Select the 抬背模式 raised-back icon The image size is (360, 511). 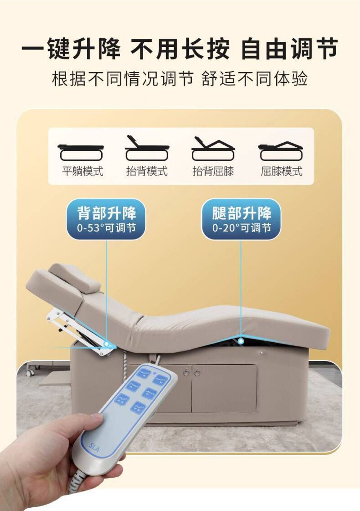pyautogui.click(x=147, y=148)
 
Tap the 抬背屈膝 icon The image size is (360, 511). pyautogui.click(x=213, y=149)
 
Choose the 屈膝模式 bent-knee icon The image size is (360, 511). pyautogui.click(x=280, y=151)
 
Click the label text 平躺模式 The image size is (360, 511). pyautogui.click(x=83, y=171)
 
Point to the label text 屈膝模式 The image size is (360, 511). pyautogui.click(x=282, y=171)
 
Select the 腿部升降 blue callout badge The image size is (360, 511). pyautogui.click(x=241, y=219)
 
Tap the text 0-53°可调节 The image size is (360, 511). pyautogui.click(x=106, y=227)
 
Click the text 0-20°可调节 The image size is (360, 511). pyautogui.click(x=242, y=227)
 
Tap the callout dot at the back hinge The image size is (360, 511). pyautogui.click(x=106, y=344)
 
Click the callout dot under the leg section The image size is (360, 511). pyautogui.click(x=241, y=341)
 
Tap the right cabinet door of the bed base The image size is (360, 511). pyautogui.click(x=224, y=389)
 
